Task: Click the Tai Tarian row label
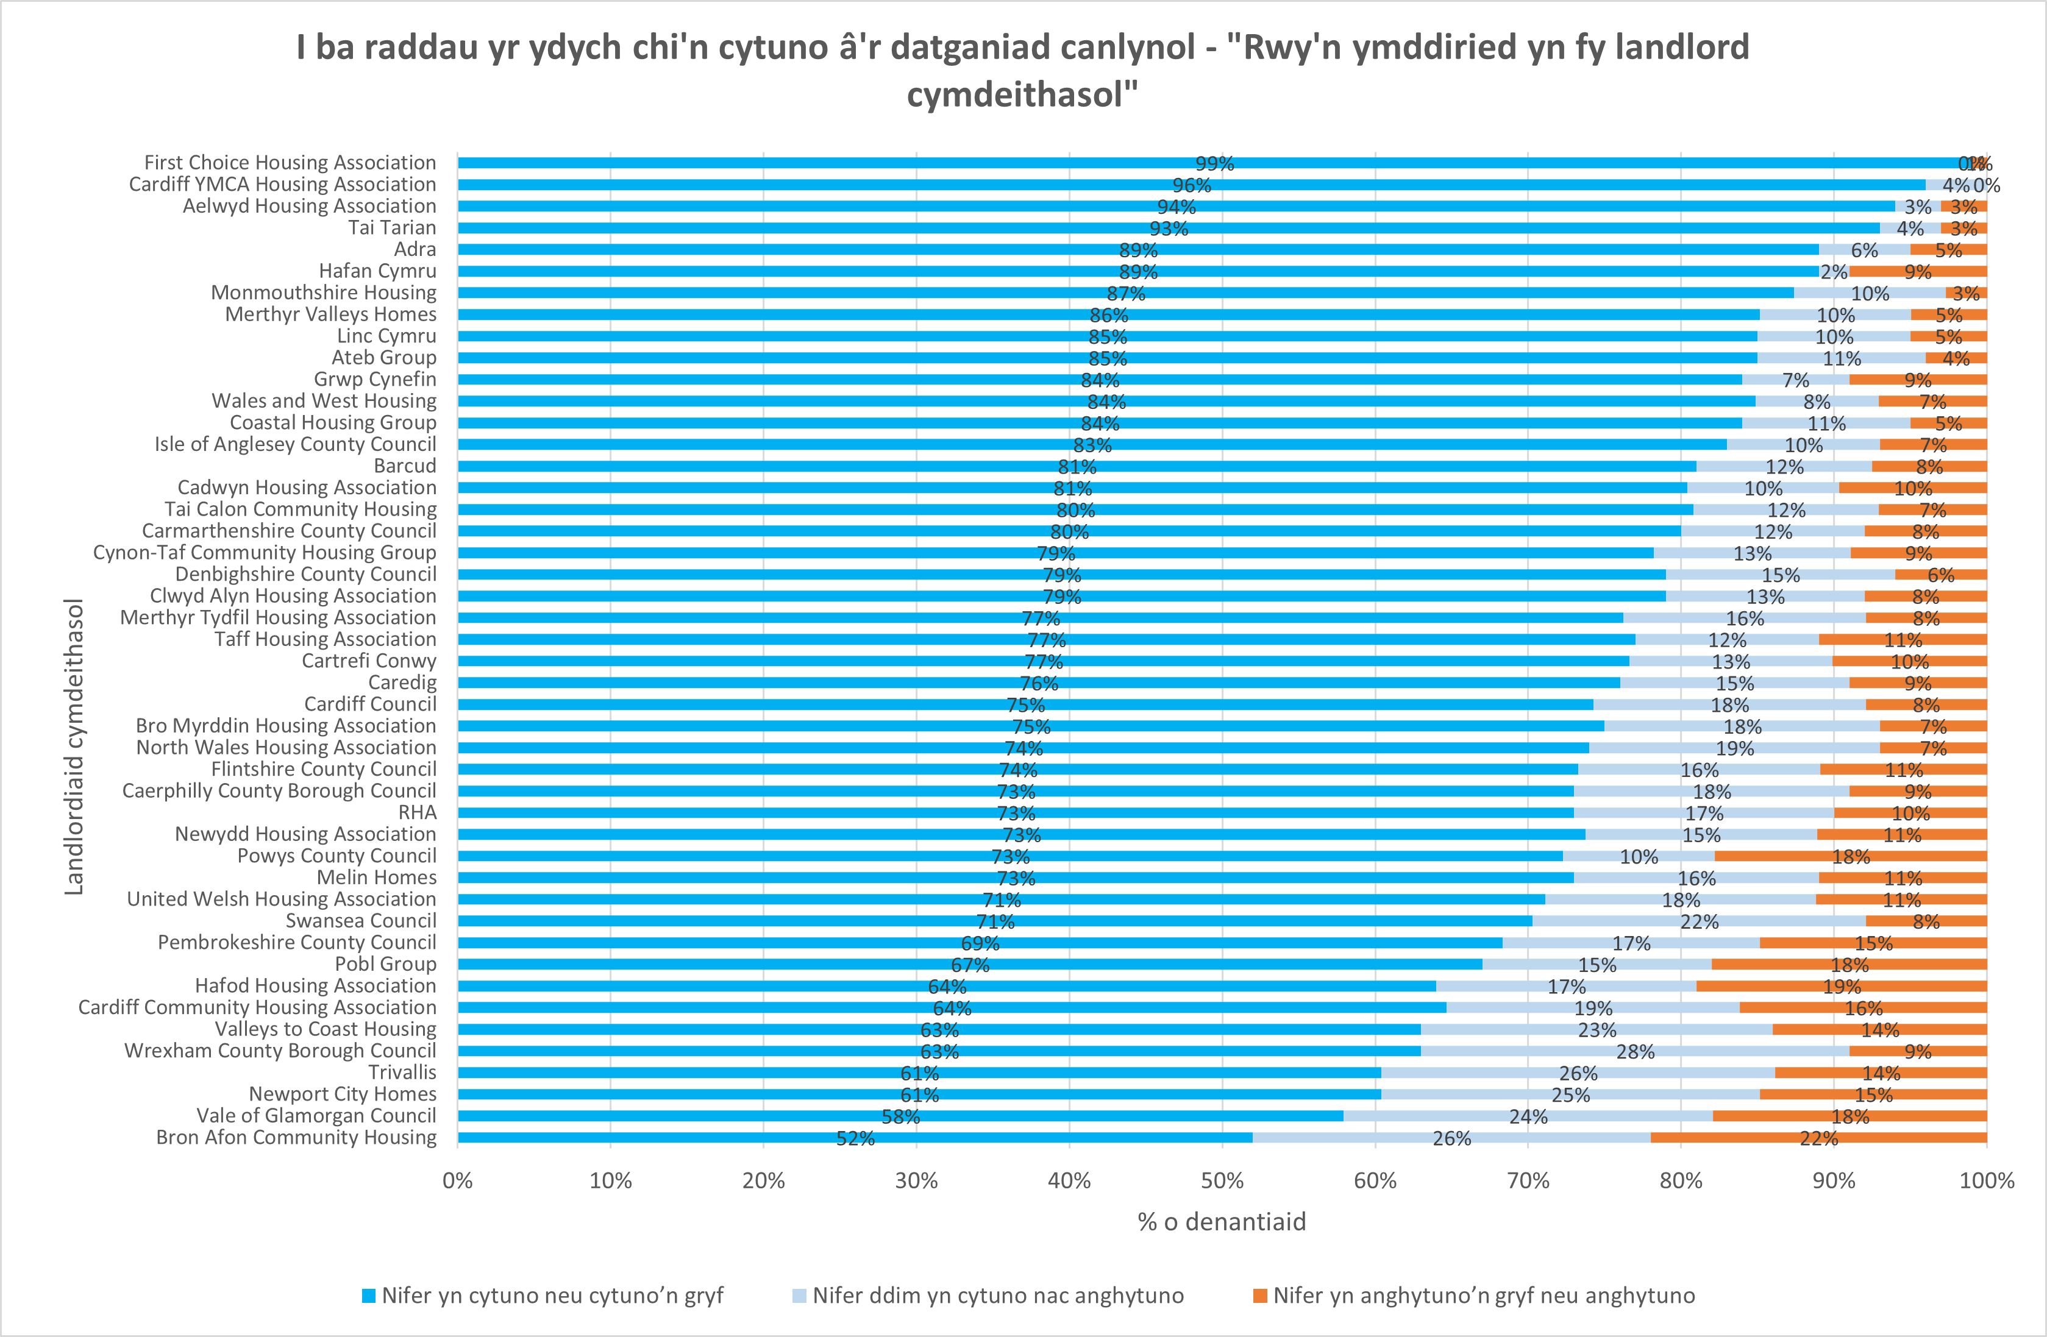tap(391, 228)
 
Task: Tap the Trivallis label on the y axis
tap(402, 1072)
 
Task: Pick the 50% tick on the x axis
tap(1222, 1180)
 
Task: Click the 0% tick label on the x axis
tap(458, 1180)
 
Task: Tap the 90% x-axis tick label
tap(1834, 1180)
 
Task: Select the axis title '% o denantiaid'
tap(1222, 1222)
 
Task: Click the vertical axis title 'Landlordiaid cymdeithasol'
tap(75, 747)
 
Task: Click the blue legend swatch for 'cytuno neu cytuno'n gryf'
tap(369, 1296)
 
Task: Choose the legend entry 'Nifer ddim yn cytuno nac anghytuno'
tap(998, 1296)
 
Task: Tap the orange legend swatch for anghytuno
tap(1260, 1296)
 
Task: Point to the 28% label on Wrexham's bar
tap(1635, 1052)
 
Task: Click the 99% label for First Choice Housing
tap(1214, 163)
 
